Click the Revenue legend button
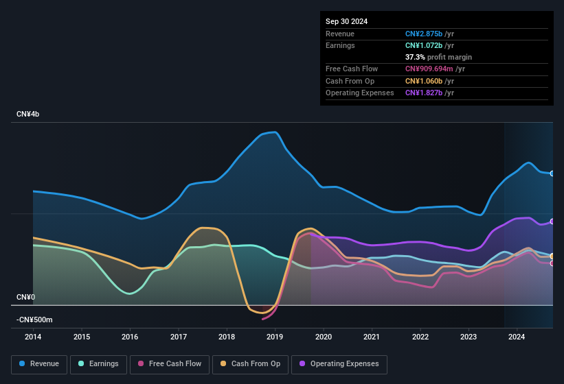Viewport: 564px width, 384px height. point(39,364)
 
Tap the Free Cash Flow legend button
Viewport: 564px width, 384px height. point(169,364)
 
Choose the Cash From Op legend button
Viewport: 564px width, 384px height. point(250,364)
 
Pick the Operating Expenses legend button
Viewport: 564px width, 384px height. point(339,364)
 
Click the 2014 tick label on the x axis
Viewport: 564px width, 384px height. point(33,337)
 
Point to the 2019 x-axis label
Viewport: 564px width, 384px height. point(275,337)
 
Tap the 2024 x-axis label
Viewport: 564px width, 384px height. point(517,337)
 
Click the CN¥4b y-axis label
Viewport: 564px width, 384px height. point(28,114)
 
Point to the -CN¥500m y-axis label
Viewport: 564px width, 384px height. point(35,320)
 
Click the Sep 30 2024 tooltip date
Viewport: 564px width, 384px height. point(346,21)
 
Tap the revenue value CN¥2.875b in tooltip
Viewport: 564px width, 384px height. point(425,34)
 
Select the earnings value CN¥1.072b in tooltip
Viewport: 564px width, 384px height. point(425,45)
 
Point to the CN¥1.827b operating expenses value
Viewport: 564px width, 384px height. point(425,93)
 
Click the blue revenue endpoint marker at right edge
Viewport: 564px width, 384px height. point(552,173)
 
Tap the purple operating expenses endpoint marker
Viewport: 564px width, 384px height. point(552,221)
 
